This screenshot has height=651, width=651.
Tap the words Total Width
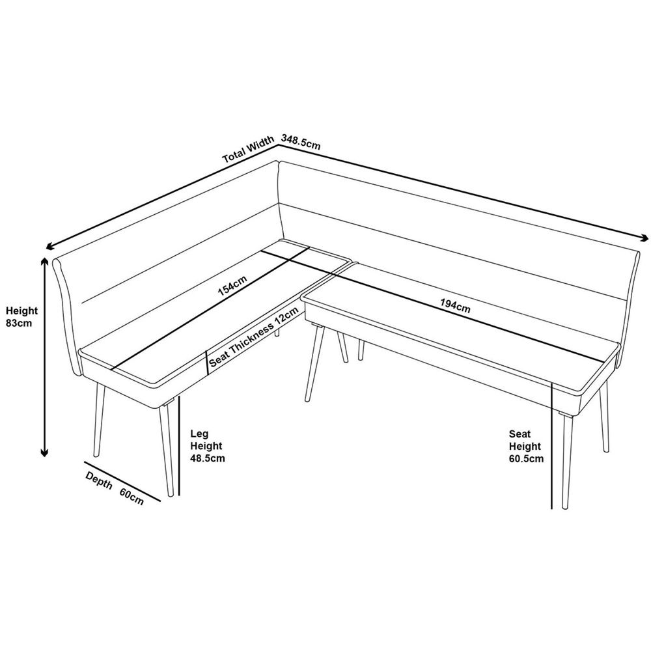pos(248,149)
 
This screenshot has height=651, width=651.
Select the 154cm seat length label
pos(232,285)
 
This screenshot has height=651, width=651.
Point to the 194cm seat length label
pos(456,306)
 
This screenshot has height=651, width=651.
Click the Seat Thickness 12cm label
pos(254,337)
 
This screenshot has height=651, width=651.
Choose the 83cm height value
pos(19,323)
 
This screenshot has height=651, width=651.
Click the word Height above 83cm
pos(21,311)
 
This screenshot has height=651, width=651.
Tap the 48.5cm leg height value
pos(208,458)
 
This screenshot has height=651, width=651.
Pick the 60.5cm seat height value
pos(527,459)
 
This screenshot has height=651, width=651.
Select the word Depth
pos(99,480)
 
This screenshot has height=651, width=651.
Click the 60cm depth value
pos(132,496)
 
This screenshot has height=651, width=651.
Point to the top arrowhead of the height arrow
pos(44,261)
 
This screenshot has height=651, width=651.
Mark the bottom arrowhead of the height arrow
pos(44,451)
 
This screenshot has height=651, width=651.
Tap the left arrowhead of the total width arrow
pos(51,247)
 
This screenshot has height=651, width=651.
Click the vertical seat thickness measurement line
pos(207,363)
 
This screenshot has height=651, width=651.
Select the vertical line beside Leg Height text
pos(179,446)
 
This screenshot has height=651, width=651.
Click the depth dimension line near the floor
pos(122,482)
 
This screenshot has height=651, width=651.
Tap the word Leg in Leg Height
pos(199,434)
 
